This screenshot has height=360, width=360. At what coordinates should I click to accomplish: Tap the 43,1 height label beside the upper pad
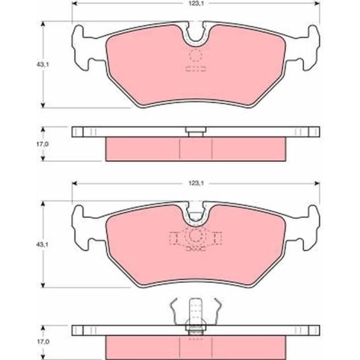point(43,65)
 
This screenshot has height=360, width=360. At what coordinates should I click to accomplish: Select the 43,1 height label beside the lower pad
point(43,245)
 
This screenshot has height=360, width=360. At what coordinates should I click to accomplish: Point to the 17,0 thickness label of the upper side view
point(43,144)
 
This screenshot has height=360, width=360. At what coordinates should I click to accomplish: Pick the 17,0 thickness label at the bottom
point(43,342)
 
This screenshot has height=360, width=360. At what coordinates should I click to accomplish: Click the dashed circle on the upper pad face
point(195,55)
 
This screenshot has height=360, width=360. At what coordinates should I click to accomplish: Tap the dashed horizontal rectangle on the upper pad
point(196,69)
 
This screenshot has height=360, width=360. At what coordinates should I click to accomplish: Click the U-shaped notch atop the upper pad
point(195,35)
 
